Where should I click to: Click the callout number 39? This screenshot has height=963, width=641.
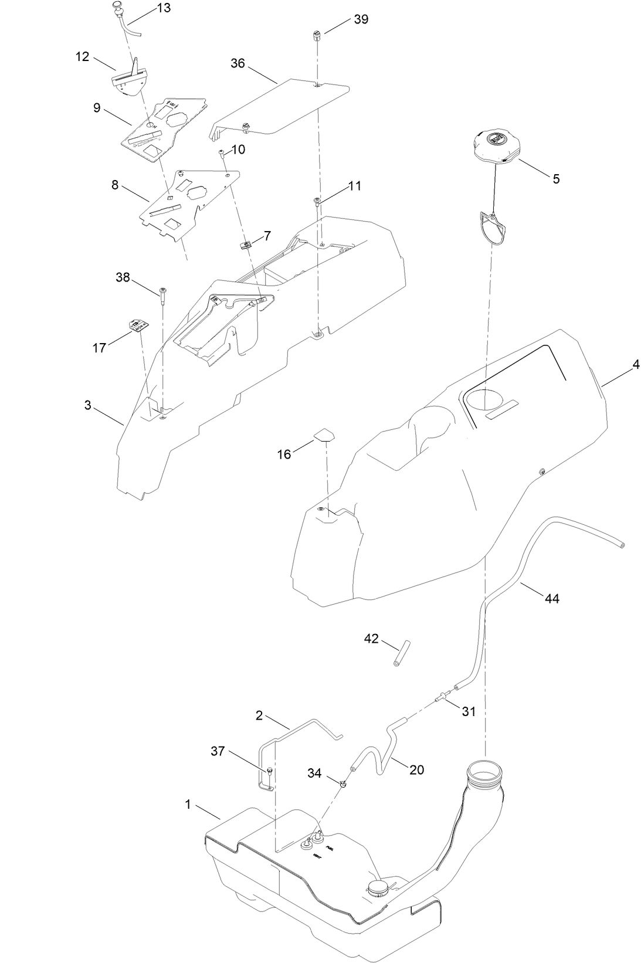(x=361, y=19)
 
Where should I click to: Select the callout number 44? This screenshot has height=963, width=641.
(x=551, y=599)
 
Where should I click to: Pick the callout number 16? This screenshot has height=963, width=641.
(x=284, y=455)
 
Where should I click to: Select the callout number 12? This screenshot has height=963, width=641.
(x=82, y=57)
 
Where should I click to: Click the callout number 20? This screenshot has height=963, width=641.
(x=416, y=769)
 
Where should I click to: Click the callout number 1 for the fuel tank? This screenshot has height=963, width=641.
(x=188, y=805)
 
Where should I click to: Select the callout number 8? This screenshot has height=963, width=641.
(x=114, y=185)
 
